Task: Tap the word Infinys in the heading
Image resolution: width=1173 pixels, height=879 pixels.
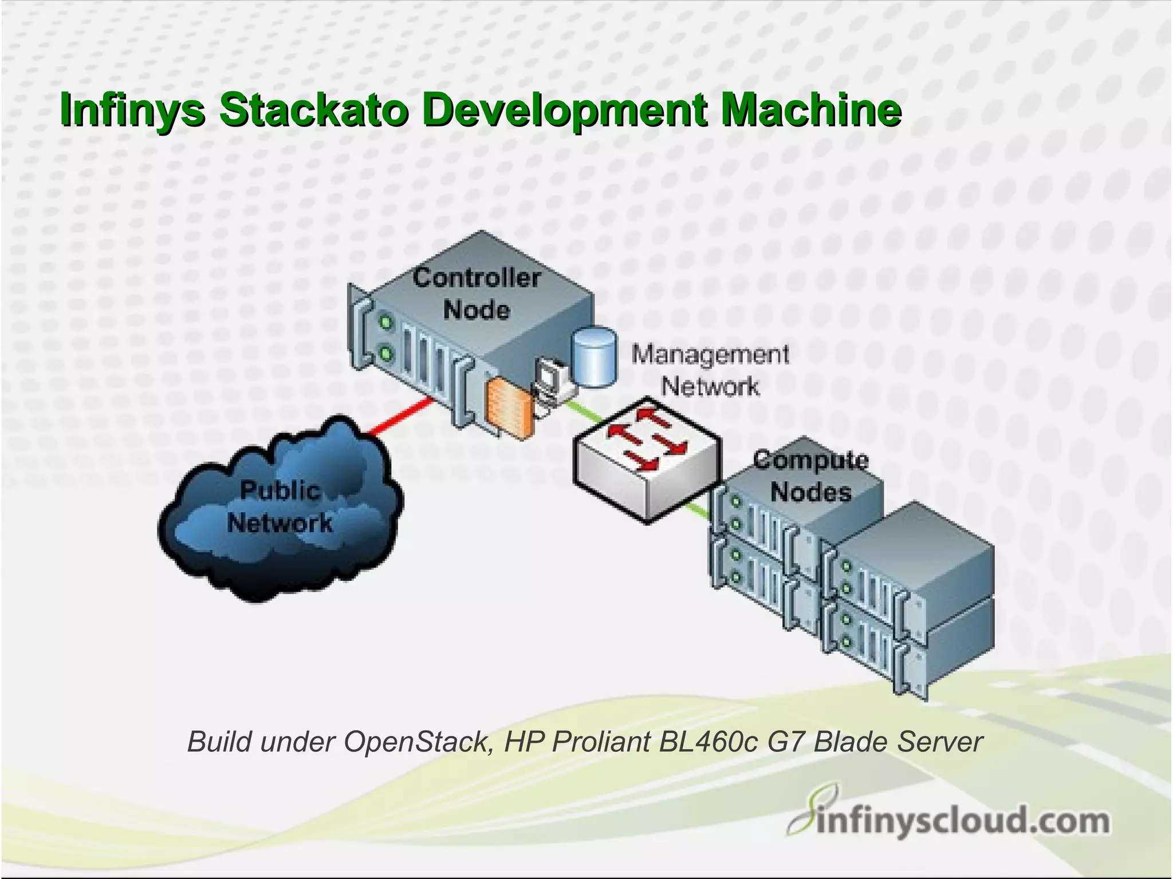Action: pyautogui.click(x=132, y=110)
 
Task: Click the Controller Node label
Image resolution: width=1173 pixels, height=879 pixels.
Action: pyautogui.click(x=477, y=294)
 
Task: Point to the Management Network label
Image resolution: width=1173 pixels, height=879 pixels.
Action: pyautogui.click(x=710, y=370)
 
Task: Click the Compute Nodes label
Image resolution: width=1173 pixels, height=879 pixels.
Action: pyautogui.click(x=810, y=476)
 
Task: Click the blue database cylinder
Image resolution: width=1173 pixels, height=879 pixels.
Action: pyautogui.click(x=595, y=355)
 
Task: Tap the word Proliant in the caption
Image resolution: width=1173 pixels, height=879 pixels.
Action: pyautogui.click(x=603, y=742)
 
